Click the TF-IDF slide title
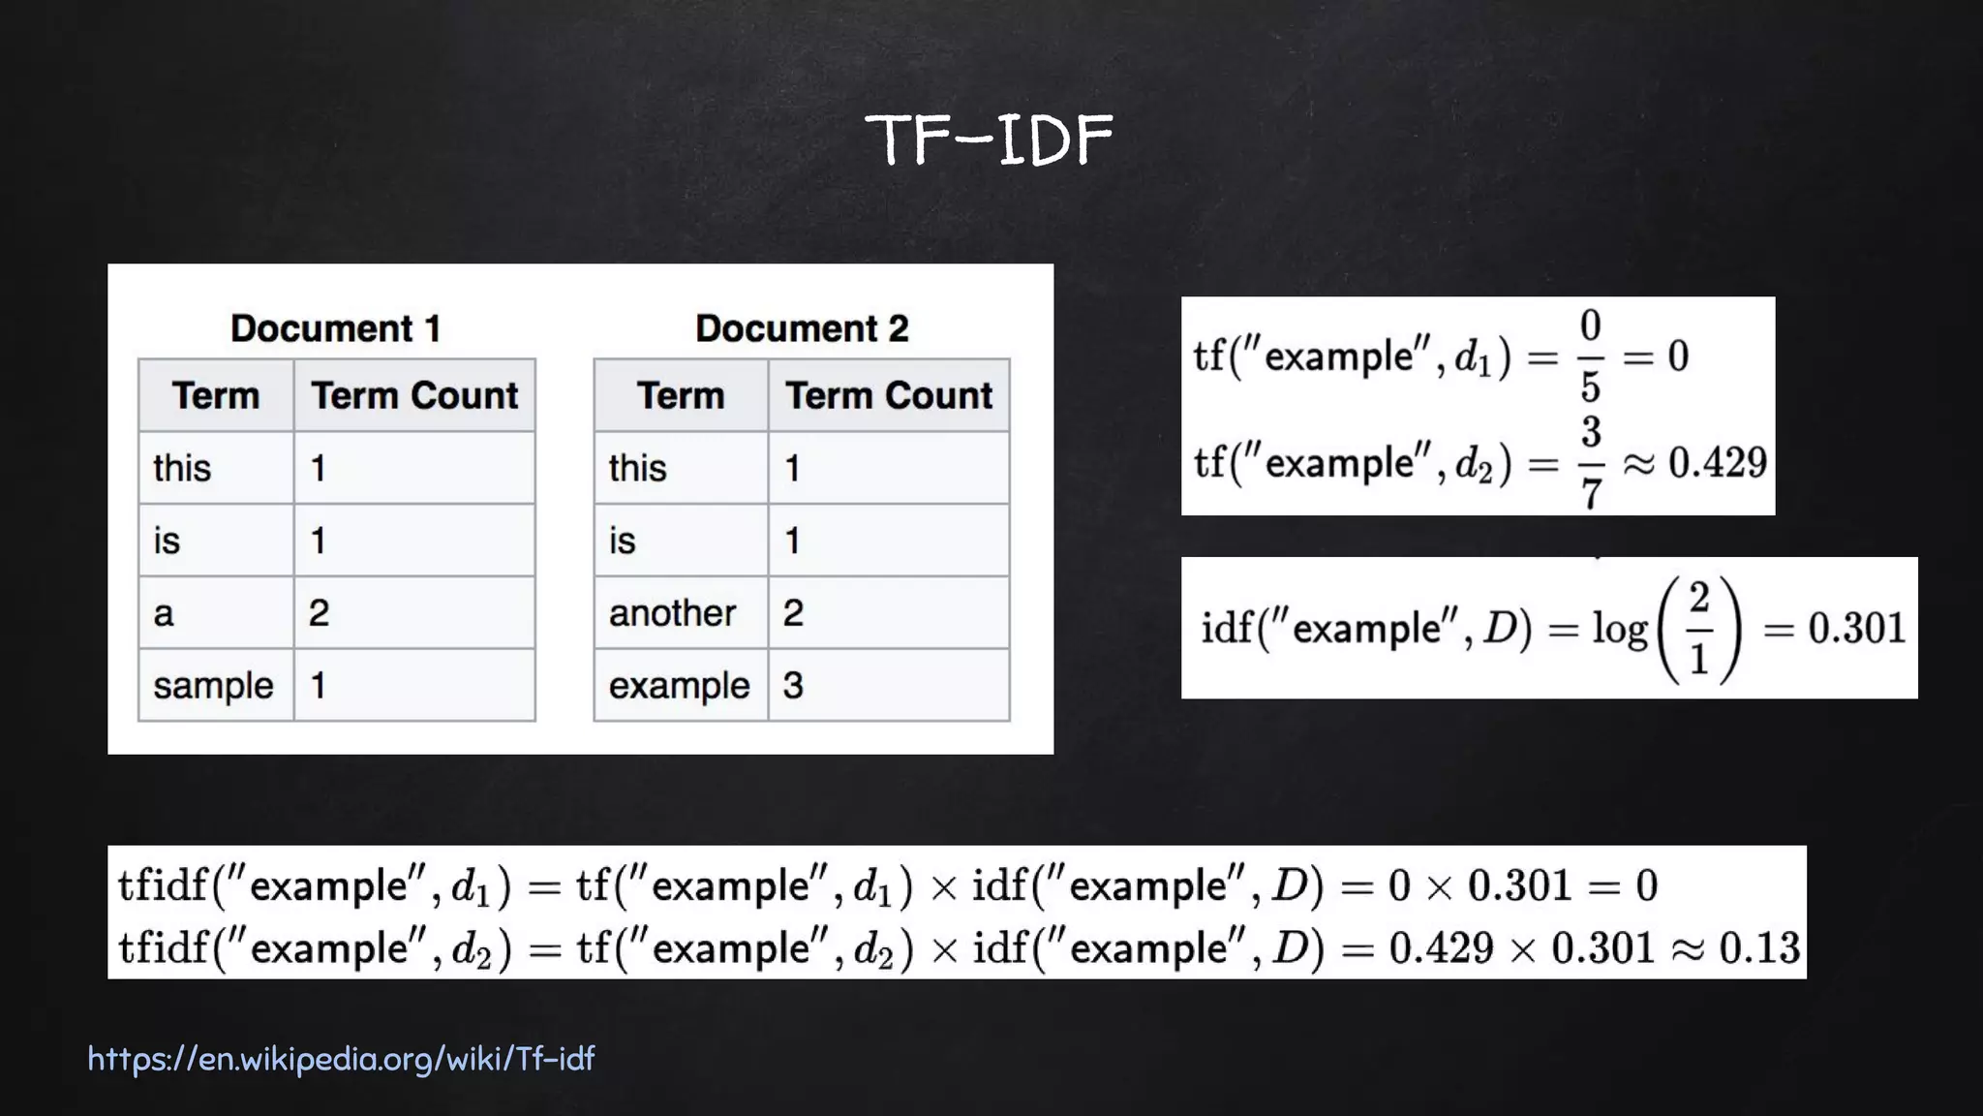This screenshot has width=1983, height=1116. (989, 139)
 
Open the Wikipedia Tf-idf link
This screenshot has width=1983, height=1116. (341, 1059)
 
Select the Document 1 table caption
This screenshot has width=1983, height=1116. (336, 328)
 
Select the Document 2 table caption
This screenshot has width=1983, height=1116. (802, 328)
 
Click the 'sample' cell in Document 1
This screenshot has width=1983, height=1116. (214, 686)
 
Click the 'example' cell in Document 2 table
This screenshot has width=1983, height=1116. (679, 686)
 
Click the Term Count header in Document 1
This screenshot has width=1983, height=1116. (414, 396)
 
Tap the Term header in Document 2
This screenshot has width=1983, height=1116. (681, 396)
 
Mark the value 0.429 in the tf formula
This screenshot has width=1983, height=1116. (1717, 463)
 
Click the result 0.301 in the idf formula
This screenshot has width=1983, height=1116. (1856, 629)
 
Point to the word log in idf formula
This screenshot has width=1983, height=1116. (1619, 630)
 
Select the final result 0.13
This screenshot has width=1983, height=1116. (1759, 947)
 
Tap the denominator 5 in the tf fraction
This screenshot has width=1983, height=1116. (1591, 387)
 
